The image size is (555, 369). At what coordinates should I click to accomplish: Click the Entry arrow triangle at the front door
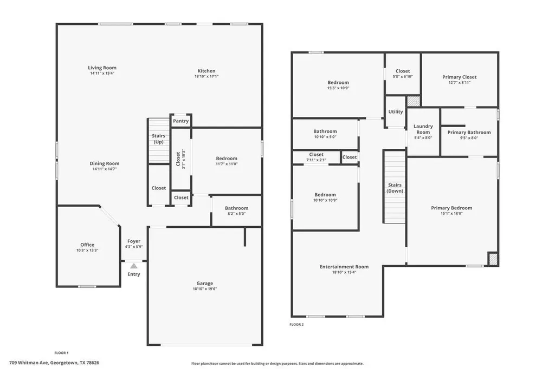coord(133,266)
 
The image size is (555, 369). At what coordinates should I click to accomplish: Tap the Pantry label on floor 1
coord(181,121)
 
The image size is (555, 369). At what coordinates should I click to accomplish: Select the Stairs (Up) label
coord(159,139)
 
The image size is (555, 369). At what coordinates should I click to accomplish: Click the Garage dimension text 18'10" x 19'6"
coord(204,289)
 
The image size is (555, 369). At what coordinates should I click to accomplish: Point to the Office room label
coord(87,245)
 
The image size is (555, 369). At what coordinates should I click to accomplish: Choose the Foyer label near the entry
coord(134,241)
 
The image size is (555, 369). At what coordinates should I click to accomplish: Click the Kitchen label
coord(206,71)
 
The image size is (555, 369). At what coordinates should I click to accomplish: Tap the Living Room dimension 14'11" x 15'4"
coord(102,74)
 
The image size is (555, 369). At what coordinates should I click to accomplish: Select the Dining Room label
coord(105,163)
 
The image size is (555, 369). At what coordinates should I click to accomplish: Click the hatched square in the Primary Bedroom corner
coord(493,259)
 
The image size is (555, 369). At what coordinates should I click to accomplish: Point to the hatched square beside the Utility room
coord(413,101)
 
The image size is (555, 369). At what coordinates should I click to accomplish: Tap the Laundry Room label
coord(423,129)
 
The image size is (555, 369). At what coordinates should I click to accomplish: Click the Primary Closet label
coord(460,77)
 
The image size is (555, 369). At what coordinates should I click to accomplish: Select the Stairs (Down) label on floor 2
coord(395,188)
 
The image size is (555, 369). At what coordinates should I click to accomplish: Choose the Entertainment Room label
coord(344,267)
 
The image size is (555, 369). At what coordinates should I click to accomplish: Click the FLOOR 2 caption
coord(296,325)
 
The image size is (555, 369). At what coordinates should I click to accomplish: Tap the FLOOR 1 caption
coord(61,353)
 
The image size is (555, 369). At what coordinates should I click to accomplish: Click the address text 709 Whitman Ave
coord(29,363)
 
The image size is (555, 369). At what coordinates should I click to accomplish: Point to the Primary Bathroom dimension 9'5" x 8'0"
coord(469,138)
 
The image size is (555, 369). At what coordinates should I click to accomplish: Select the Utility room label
coord(395,111)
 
